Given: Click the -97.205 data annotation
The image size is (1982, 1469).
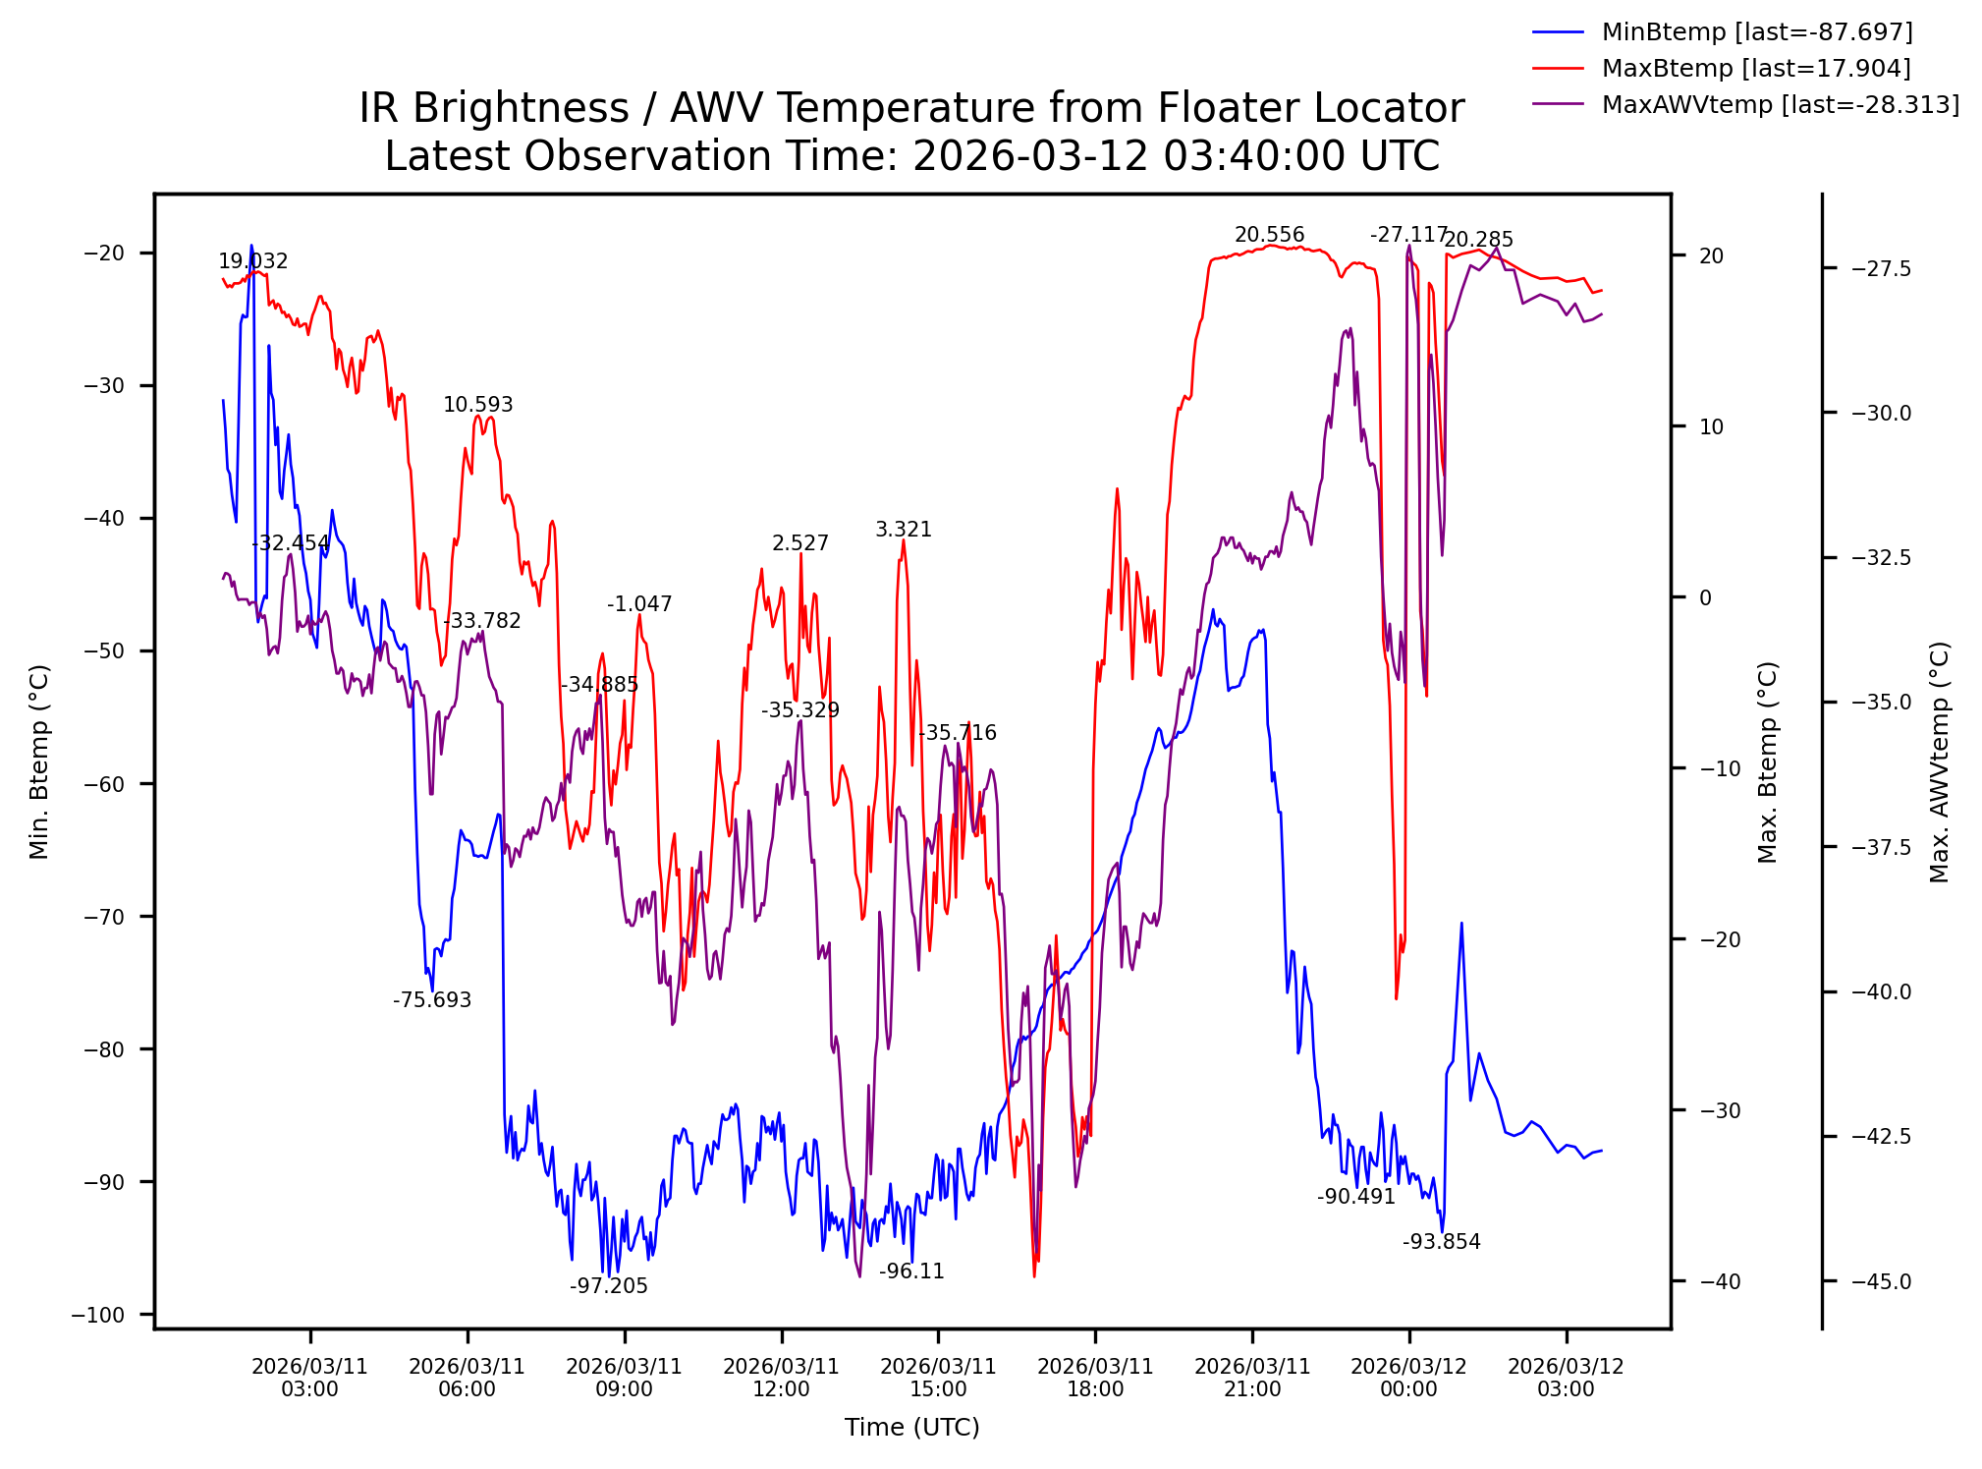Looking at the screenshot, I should coord(609,1286).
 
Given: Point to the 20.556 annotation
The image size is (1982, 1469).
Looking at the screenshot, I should coord(1269,235).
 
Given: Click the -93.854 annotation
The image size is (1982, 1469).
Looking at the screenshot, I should coord(1441,1242).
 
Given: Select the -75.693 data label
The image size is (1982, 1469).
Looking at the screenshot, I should coord(432,1000).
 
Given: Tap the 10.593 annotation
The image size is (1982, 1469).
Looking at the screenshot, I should coord(477,405).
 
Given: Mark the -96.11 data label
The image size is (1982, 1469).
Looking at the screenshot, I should coord(911,1271).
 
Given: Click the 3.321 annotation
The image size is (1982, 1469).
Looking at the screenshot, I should coord(904,530).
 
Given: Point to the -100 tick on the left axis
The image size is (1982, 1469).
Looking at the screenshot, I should coord(98,1315).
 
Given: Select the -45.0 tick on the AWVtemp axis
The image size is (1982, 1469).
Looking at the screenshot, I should coord(1881,1281).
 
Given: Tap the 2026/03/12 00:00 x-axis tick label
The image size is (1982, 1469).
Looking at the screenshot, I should coord(1408,1378).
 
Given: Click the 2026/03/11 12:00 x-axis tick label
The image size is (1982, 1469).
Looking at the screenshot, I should coord(781,1378).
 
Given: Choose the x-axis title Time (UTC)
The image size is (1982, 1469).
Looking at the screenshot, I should coord(911,1428).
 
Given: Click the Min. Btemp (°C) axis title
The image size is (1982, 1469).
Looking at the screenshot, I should coord(39,762).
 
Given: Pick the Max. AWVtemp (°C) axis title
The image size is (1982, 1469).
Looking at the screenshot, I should coord(1939,762).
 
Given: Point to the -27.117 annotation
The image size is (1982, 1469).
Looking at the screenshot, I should coord(1408,235).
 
